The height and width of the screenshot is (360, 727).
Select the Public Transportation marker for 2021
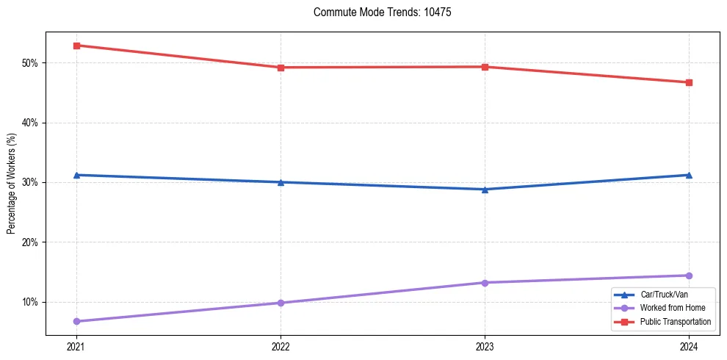point(76,46)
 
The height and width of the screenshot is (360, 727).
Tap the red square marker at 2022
point(281,68)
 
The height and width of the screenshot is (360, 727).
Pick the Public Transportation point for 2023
point(485,67)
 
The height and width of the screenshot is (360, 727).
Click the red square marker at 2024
point(689,82)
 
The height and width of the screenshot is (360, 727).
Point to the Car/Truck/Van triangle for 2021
point(76,175)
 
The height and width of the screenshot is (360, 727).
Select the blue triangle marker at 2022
point(281,182)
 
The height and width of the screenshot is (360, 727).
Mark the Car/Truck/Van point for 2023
point(485,190)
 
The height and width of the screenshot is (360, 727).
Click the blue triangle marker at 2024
point(689,175)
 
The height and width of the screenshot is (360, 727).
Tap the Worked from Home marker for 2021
point(76,321)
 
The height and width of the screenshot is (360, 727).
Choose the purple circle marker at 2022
point(281,303)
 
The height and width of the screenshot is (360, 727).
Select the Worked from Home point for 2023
point(485,283)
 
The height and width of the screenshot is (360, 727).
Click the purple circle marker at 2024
point(689,276)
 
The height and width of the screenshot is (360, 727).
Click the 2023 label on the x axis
point(485,346)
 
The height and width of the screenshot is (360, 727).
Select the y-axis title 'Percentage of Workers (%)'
point(11,184)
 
